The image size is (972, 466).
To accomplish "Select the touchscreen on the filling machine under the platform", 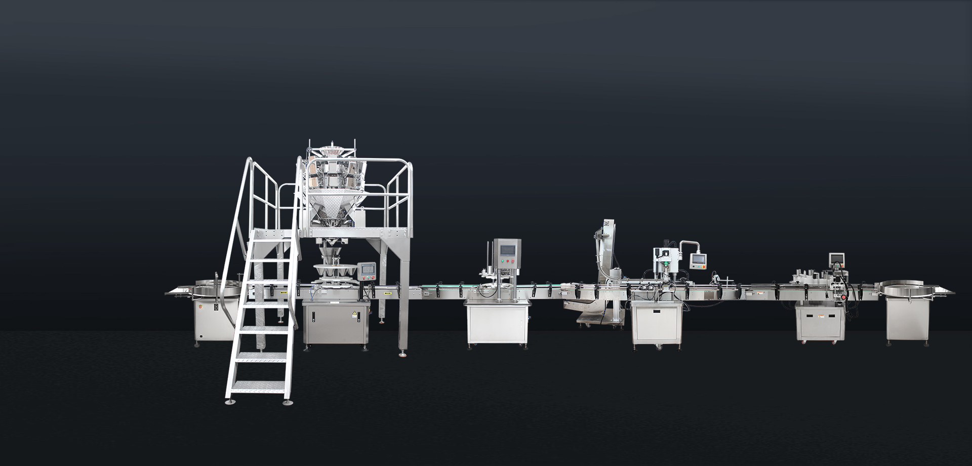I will pyautogui.click(x=368, y=270).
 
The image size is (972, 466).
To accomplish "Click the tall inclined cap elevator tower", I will pyautogui.click(x=605, y=248).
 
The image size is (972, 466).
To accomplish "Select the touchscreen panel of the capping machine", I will pyautogui.click(x=698, y=258).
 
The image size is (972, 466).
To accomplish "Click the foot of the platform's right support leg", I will pyautogui.click(x=403, y=353).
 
